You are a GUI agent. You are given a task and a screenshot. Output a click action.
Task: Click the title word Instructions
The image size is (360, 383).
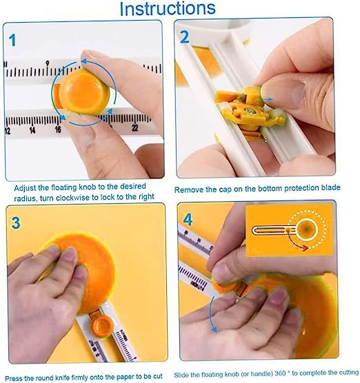point(168,9)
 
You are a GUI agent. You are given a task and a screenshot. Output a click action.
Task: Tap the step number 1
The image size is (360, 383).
point(12,41)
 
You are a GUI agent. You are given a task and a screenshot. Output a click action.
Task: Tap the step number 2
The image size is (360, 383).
point(185,37)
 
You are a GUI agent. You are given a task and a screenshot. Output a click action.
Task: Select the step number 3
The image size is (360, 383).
point(16,222)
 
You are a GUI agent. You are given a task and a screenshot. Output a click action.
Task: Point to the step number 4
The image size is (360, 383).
point(188,220)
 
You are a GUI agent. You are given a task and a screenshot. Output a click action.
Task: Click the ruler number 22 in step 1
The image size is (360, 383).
point(135,127)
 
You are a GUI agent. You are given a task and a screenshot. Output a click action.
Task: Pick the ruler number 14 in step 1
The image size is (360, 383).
point(32,130)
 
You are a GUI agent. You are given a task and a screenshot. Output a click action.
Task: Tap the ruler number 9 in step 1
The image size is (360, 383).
point(48,63)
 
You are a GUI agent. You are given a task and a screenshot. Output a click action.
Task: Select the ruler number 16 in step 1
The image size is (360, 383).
point(58,129)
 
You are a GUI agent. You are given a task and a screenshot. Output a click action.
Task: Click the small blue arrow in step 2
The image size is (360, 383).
point(264,99)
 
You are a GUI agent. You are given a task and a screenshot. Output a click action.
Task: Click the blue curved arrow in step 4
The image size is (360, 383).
point(212,315)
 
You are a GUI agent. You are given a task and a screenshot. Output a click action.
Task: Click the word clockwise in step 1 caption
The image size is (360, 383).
point(72,198)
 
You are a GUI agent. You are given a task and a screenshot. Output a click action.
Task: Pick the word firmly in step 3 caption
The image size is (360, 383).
point(80,377)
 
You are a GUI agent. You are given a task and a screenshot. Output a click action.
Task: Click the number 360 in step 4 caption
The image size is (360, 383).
point(280,373)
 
